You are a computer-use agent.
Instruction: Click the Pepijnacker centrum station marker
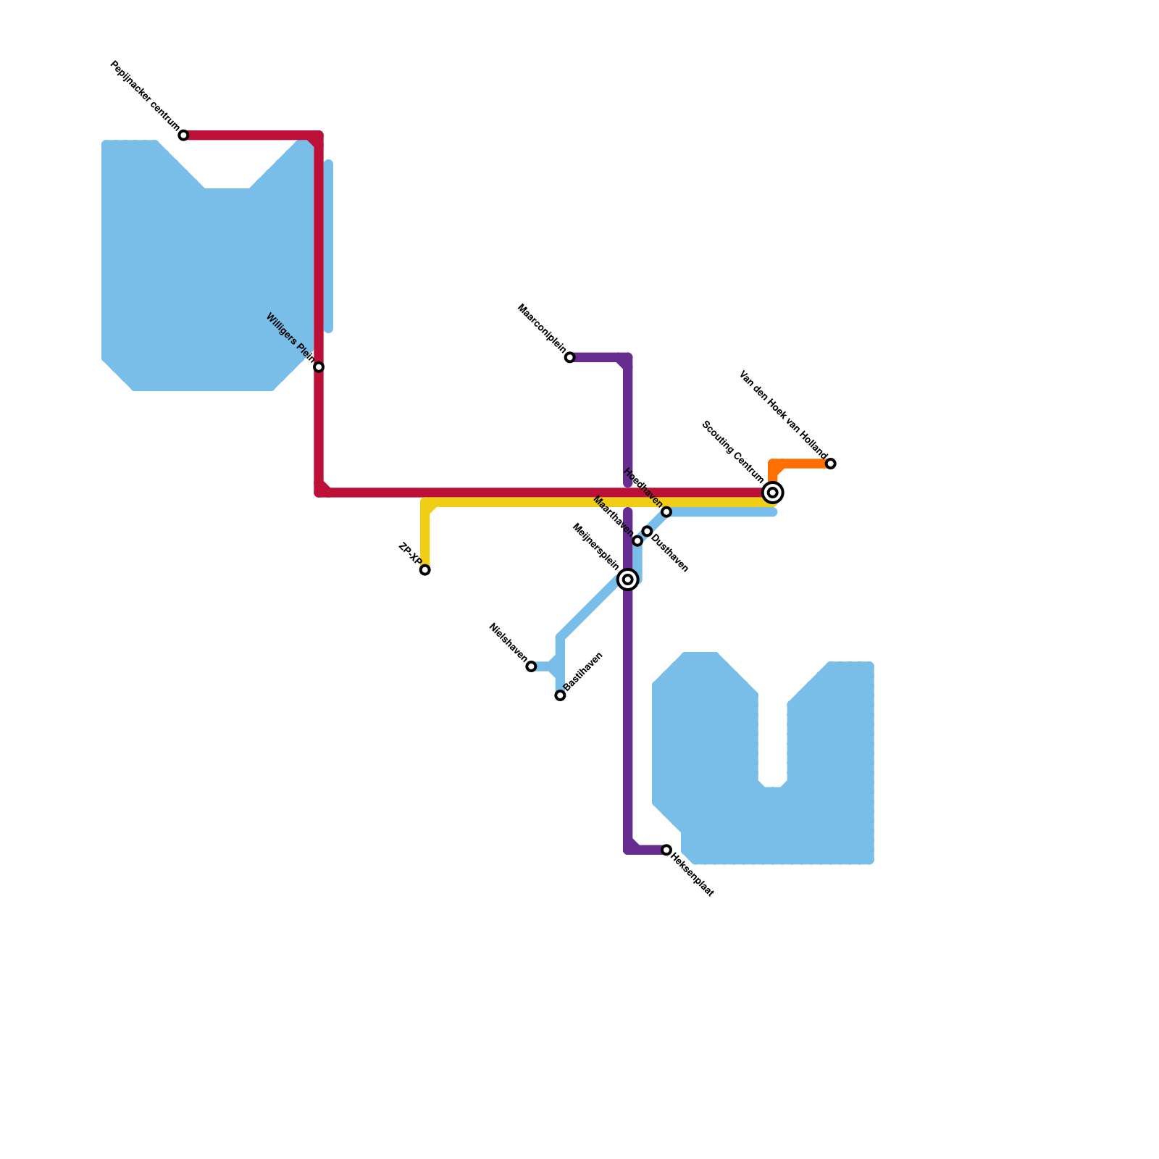click(x=183, y=135)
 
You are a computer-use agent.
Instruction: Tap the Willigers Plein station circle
click(x=319, y=367)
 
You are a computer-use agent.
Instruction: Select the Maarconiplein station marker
click(x=570, y=357)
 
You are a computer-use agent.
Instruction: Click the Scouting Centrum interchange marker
click(x=773, y=493)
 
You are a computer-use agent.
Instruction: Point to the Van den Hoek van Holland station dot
click(x=831, y=464)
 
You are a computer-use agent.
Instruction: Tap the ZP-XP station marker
click(x=425, y=570)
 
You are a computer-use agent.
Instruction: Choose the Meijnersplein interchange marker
click(x=628, y=579)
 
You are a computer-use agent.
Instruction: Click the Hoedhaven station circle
click(x=666, y=512)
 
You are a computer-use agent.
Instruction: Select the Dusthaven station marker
click(x=647, y=532)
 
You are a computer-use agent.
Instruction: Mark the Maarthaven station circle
click(x=637, y=541)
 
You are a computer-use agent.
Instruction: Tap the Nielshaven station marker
click(x=531, y=666)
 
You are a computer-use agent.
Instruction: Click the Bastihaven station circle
click(x=560, y=695)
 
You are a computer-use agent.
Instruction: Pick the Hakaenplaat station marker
click(x=666, y=850)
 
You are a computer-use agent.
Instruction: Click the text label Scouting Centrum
click(x=732, y=452)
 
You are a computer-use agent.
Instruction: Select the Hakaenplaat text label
click(x=693, y=875)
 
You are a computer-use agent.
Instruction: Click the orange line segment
click(x=800, y=464)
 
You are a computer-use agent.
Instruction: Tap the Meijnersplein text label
click(x=595, y=547)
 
